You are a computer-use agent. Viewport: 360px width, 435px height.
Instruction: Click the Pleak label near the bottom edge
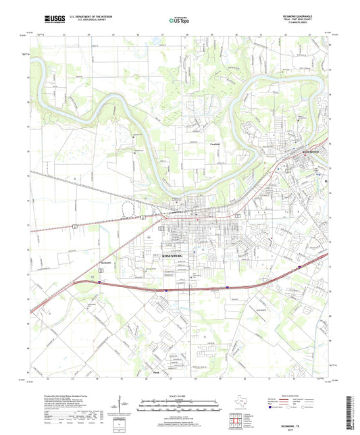tap(156, 371)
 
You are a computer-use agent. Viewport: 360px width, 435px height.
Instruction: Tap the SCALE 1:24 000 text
tap(180, 396)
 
